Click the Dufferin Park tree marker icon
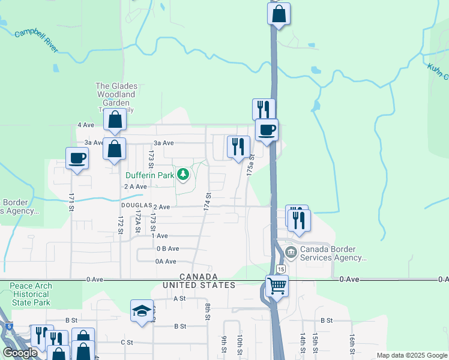tap(184, 175)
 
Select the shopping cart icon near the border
tap(277, 286)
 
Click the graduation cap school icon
tap(142, 311)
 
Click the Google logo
tap(20, 353)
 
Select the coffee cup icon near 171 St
tap(76, 158)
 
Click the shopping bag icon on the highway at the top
tap(279, 14)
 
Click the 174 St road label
tap(207, 202)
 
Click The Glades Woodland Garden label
tap(116, 94)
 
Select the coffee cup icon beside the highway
tap(267, 129)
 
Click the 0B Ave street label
tap(167, 248)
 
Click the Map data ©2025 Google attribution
tap(412, 355)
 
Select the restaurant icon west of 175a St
tap(238, 146)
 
